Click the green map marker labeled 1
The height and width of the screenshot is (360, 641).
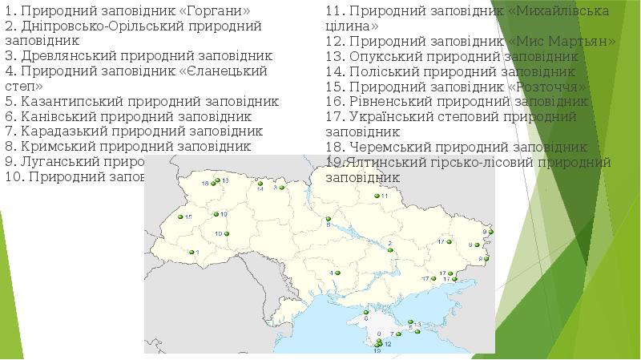[x=190, y=253]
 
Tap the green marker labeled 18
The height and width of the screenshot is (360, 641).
[x=214, y=184]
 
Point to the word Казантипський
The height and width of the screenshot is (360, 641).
[x=65, y=102]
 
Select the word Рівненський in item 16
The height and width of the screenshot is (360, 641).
[x=389, y=102]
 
